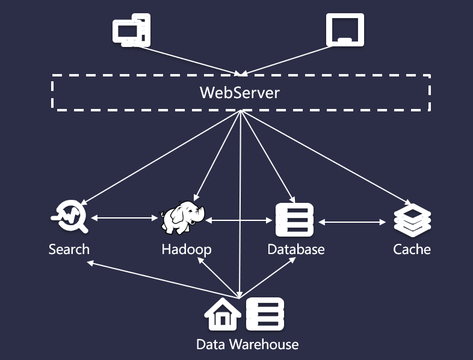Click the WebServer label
[x=240, y=93]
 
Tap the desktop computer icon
[x=132, y=30]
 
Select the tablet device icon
[x=345, y=29]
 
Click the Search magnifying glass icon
[x=70, y=216]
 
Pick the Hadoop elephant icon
[x=182, y=218]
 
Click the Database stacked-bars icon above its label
[x=295, y=220]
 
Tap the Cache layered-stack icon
[x=412, y=220]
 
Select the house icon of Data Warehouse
[x=223, y=314]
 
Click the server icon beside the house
[x=265, y=314]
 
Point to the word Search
[x=69, y=250]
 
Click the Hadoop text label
[x=187, y=250]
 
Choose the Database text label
[x=296, y=250]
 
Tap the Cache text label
[x=412, y=250]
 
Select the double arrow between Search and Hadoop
[x=125, y=218]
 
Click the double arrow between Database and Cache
[x=352, y=222]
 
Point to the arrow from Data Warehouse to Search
[x=163, y=281]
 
